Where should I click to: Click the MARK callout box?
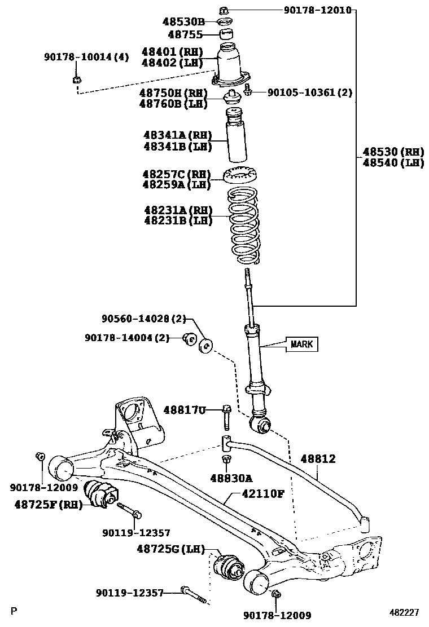coord(301,344)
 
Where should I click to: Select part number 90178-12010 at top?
coord(317,10)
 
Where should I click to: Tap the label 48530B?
coord(183,22)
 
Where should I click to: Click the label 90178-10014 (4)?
coord(86,57)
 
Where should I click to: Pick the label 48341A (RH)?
coord(177,135)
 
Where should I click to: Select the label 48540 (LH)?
coord(393,163)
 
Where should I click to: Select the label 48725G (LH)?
coord(170,548)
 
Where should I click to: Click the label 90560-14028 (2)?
coord(143,319)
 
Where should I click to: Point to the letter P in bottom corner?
coord(14,611)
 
